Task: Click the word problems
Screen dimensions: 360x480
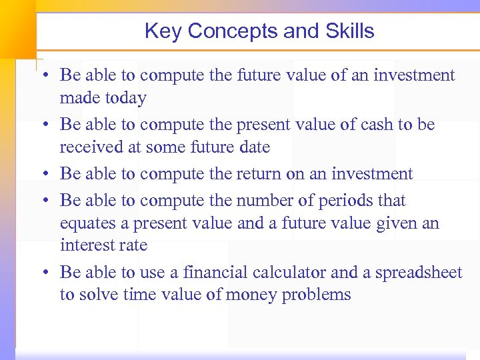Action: [317, 295]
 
